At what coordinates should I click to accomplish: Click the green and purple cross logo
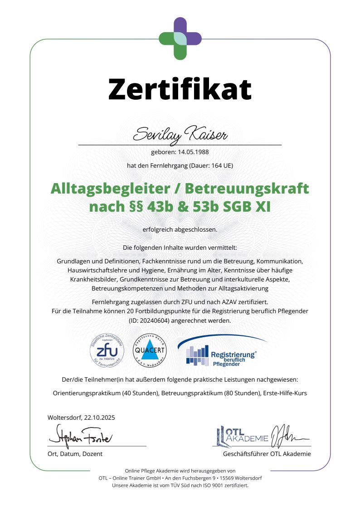coord(180,38)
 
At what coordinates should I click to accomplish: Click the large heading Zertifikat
coord(180,89)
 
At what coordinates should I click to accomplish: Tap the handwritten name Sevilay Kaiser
coord(180,134)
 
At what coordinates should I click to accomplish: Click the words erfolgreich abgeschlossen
coord(180,229)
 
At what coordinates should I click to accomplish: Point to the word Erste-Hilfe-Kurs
coord(285,393)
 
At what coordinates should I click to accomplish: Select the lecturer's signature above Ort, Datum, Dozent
coord(80,437)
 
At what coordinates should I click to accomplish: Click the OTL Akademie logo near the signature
coord(243,436)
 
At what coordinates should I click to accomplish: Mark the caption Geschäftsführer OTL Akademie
coord(267,454)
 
